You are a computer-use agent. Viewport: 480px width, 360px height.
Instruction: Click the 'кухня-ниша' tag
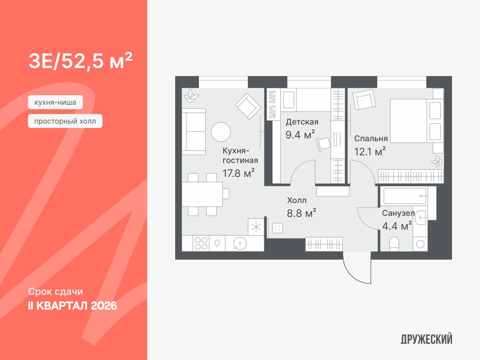point(55,103)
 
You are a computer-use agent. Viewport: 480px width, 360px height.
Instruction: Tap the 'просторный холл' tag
point(65,121)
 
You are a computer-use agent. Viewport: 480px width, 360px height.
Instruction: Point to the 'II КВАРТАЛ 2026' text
point(72,306)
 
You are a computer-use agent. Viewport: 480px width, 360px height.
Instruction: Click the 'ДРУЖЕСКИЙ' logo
point(426,340)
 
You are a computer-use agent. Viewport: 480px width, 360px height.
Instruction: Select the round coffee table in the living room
point(221,132)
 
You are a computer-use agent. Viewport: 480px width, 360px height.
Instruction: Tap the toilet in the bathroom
point(394,244)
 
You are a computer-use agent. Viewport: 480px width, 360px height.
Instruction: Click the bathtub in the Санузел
point(404,196)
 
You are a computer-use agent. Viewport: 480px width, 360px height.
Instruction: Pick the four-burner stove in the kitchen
point(201,243)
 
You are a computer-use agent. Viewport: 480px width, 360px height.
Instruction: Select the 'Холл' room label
point(297,200)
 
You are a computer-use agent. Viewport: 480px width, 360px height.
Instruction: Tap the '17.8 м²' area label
point(239,173)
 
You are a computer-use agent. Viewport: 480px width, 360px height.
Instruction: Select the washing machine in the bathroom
point(420,243)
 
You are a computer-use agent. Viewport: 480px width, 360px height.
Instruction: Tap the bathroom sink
point(420,218)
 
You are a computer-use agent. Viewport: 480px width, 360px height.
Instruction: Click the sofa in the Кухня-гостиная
point(194,132)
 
